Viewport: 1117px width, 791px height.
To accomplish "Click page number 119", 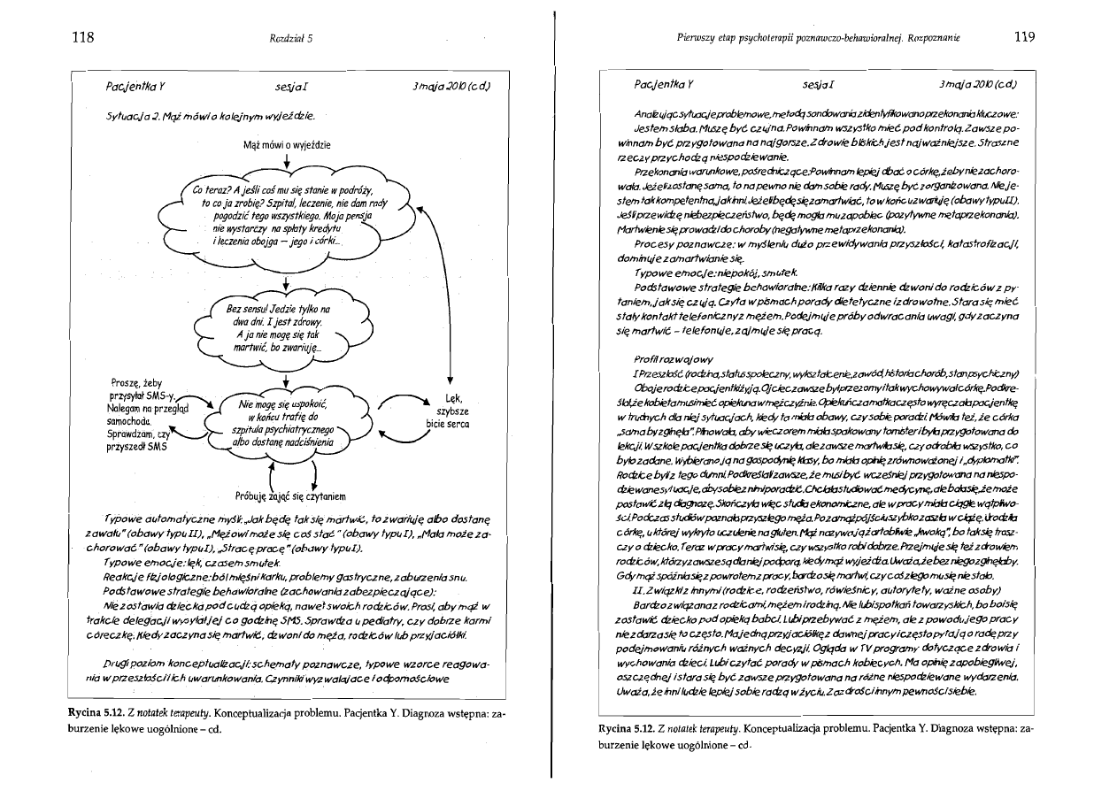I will [1025, 37].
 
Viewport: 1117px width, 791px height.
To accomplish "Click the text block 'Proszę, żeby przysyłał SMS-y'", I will [140, 415].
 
